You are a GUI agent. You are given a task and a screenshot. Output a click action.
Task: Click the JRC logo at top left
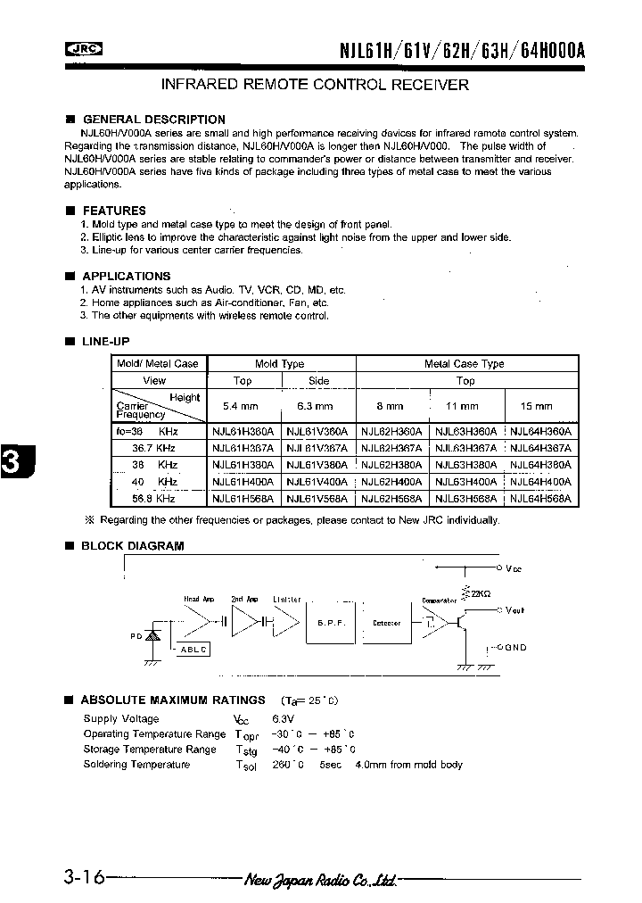point(83,50)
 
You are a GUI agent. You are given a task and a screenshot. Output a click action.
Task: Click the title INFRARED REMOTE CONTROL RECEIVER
point(314,85)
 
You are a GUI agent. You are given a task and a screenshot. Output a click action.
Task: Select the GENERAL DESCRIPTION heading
point(153,119)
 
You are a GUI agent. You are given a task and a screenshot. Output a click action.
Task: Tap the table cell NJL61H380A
point(243,465)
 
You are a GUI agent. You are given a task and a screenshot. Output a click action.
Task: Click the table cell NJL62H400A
point(393,482)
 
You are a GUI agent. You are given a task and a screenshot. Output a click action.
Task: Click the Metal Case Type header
point(465,364)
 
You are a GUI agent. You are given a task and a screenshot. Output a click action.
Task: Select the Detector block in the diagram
point(385,624)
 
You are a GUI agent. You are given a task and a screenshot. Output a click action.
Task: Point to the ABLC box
point(193,650)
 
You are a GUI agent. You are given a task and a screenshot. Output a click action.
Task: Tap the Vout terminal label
point(515,611)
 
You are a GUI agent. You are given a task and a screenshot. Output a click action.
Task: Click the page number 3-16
point(83,878)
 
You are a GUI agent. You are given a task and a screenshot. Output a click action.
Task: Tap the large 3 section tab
point(12,462)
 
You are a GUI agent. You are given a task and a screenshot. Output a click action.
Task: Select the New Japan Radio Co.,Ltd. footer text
point(320,880)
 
